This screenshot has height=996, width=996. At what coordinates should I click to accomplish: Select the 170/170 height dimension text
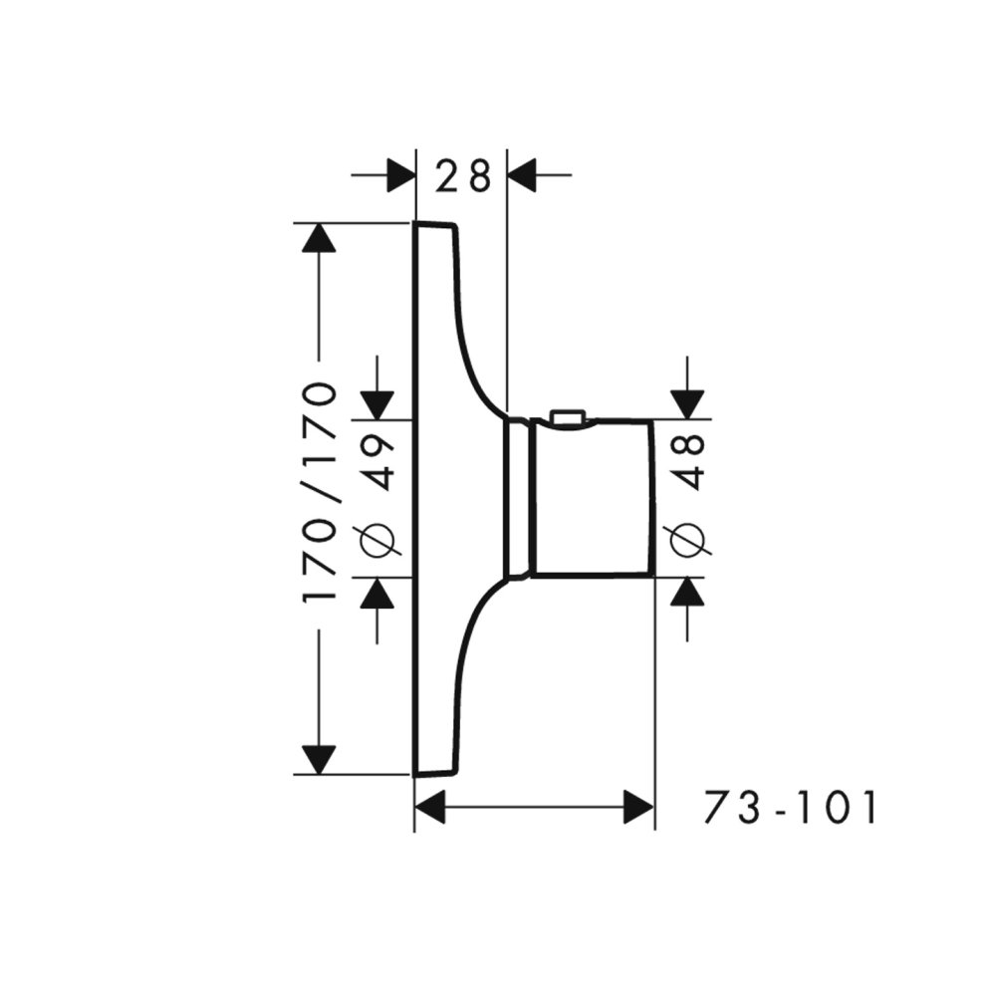pyautogui.click(x=320, y=492)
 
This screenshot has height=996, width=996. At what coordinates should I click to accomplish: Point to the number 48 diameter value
pyautogui.click(x=687, y=462)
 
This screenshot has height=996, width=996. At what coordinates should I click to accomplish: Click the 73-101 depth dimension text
pyautogui.click(x=791, y=807)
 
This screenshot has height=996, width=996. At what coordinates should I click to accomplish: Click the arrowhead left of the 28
pyautogui.click(x=400, y=174)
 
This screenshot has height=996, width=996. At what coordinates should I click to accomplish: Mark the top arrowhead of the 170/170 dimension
pyautogui.click(x=319, y=239)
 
